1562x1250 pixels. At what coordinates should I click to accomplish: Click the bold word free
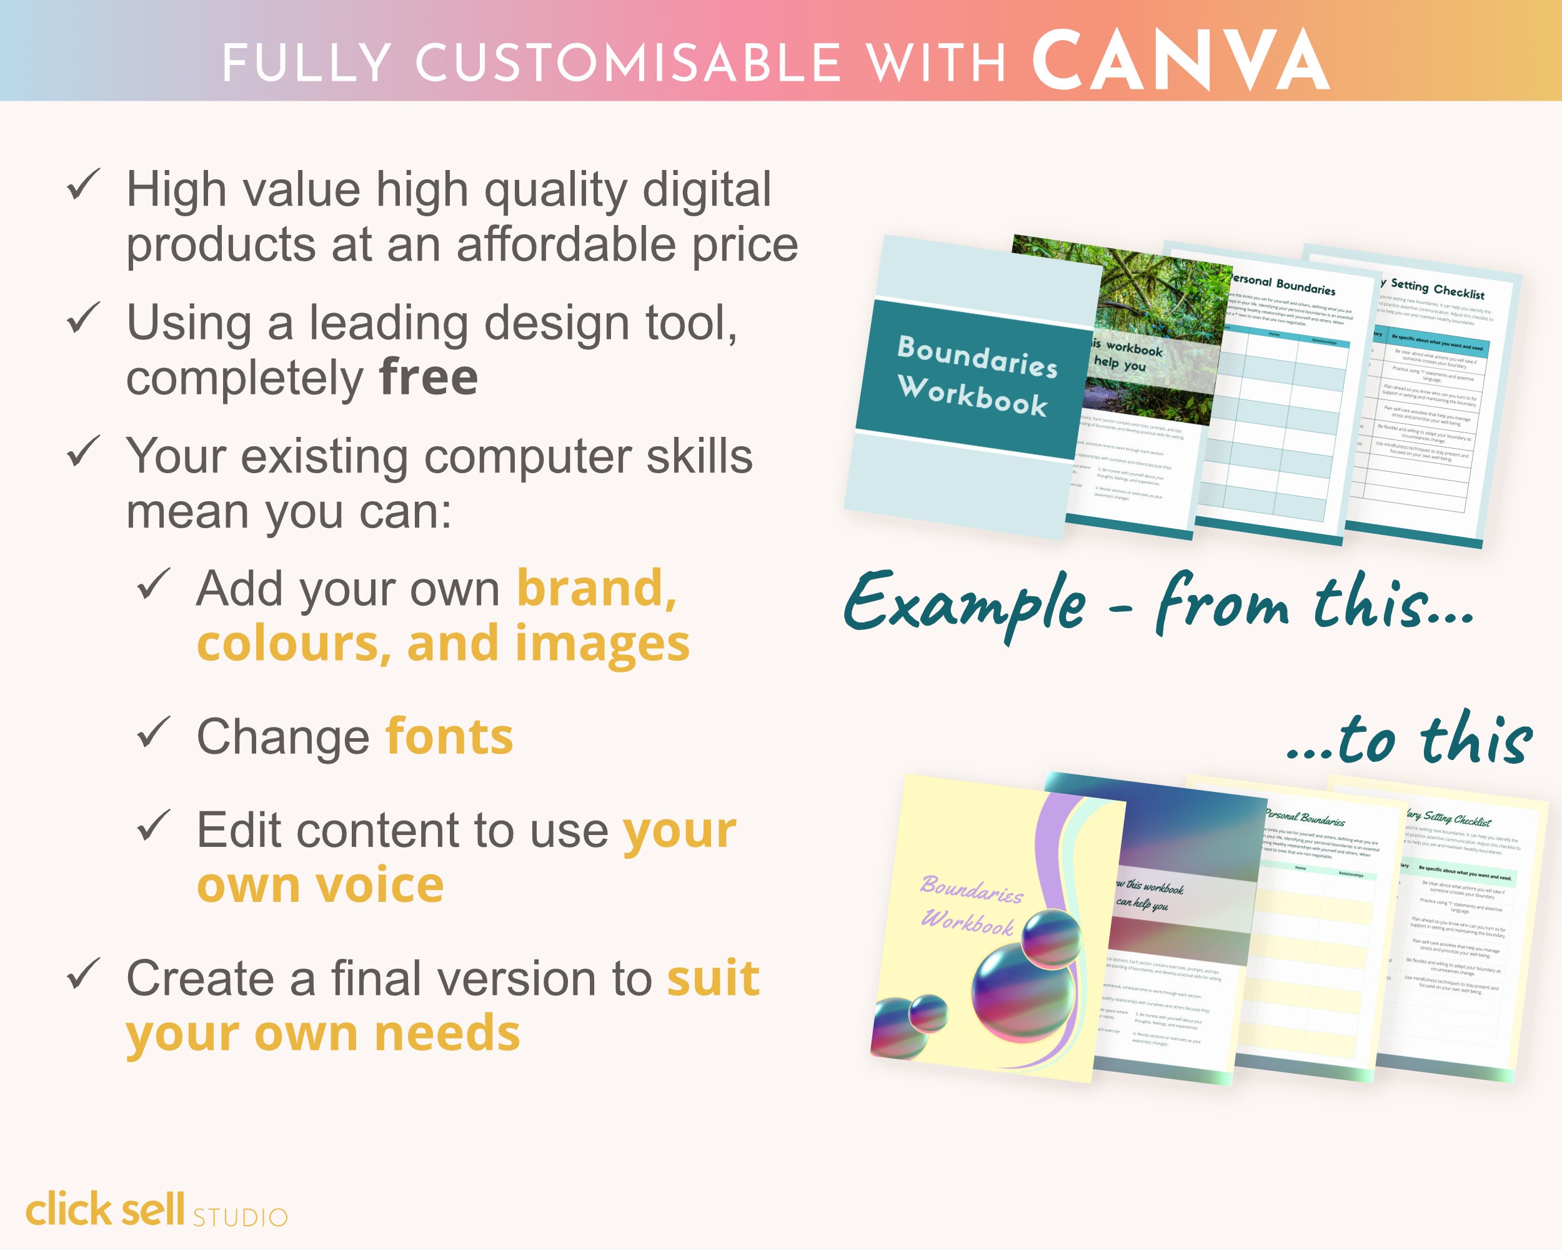[x=428, y=377]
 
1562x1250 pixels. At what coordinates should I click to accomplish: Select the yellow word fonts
[x=449, y=737]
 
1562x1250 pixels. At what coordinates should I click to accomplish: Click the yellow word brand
[x=595, y=587]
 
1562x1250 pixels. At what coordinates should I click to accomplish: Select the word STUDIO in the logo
[x=240, y=1217]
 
